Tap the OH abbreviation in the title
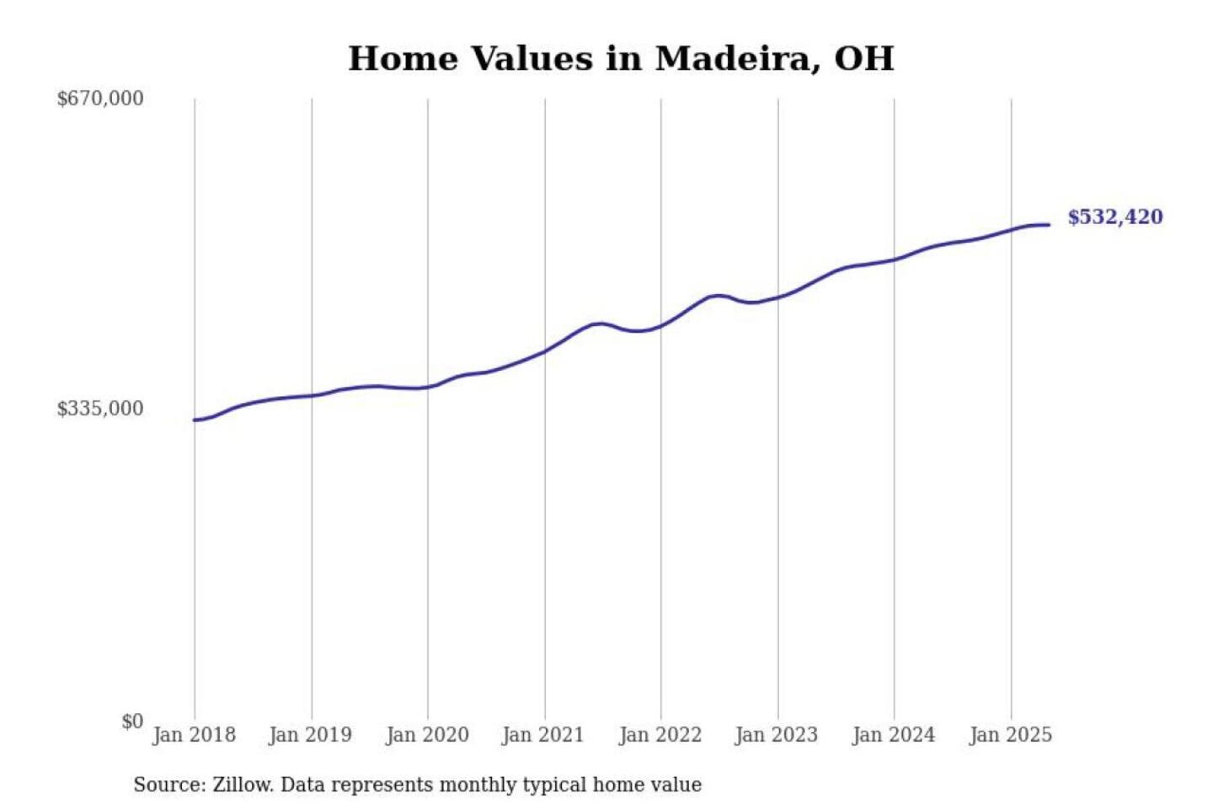pos(864,59)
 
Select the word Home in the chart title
pos(403,59)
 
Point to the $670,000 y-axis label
pos(100,99)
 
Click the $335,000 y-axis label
pos(100,409)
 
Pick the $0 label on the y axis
pos(132,721)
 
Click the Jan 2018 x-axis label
pos(194,735)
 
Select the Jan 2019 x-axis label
pos(310,735)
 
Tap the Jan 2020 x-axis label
pos(427,735)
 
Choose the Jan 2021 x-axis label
pos(543,735)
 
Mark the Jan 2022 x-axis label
pos(660,735)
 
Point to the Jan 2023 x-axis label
pos(777,735)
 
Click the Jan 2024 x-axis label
pos(894,735)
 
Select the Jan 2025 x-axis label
pos(1011,735)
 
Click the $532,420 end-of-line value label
pos(1115,217)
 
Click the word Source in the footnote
pos(168,785)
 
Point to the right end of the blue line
pos(1049,225)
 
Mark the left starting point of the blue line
pos(195,420)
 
